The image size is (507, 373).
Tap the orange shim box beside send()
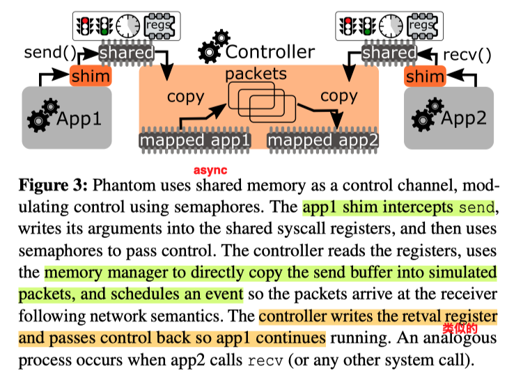tap(91, 76)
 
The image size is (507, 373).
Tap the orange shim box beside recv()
tap(425, 76)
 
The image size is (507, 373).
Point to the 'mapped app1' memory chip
tap(195, 141)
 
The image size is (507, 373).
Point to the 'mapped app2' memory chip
tap(324, 141)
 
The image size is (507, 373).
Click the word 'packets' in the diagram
tap(256, 73)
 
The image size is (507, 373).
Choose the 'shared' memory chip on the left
tap(126, 53)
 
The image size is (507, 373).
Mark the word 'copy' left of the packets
tap(185, 96)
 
